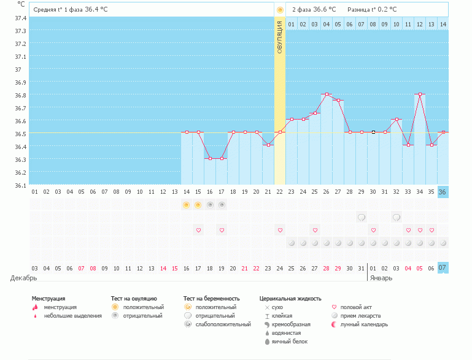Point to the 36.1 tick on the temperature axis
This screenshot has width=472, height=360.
click(20, 185)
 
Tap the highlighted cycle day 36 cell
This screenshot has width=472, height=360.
click(443, 192)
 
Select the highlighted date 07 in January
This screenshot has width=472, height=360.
click(443, 268)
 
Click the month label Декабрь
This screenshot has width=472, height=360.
click(23, 278)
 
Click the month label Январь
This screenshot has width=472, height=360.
click(381, 278)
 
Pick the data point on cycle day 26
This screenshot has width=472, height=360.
click(327, 94)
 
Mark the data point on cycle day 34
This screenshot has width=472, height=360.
click(420, 94)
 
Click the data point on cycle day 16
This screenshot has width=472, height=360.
click(210, 158)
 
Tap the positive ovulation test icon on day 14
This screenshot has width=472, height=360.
click(187, 205)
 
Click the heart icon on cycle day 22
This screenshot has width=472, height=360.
click(280, 230)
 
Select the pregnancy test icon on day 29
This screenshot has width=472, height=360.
click(362, 217)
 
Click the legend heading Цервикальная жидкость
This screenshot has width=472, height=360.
click(290, 299)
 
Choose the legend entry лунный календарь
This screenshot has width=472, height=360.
click(365, 324)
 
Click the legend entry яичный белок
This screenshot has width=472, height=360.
click(285, 342)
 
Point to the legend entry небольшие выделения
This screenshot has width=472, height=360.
click(72, 316)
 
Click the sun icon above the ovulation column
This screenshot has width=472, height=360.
click(280, 10)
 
